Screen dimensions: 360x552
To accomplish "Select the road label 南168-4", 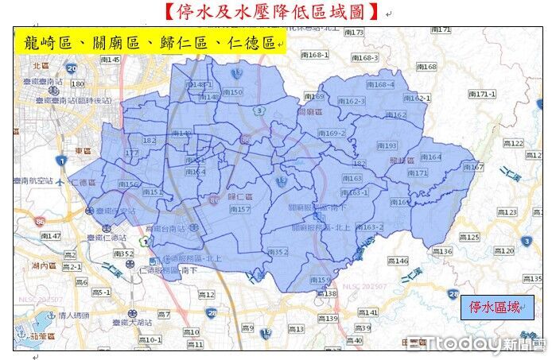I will point(381,84).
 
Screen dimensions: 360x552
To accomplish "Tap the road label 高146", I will point(397,261).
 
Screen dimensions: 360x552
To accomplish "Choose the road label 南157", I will point(239,209).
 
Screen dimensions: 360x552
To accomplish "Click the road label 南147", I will point(49,237).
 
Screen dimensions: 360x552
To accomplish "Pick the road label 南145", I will point(109,60).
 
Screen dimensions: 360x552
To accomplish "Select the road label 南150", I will point(231,92).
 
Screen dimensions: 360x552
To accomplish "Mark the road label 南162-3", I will point(351,102).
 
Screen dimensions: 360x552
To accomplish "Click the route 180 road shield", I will point(77,83).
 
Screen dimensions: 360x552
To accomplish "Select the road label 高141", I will point(367,312).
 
